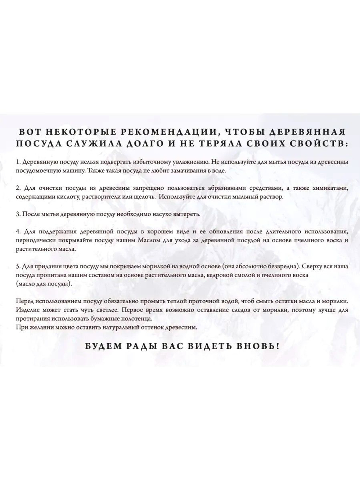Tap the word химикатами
tap(331, 188)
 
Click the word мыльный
tap(246, 197)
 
